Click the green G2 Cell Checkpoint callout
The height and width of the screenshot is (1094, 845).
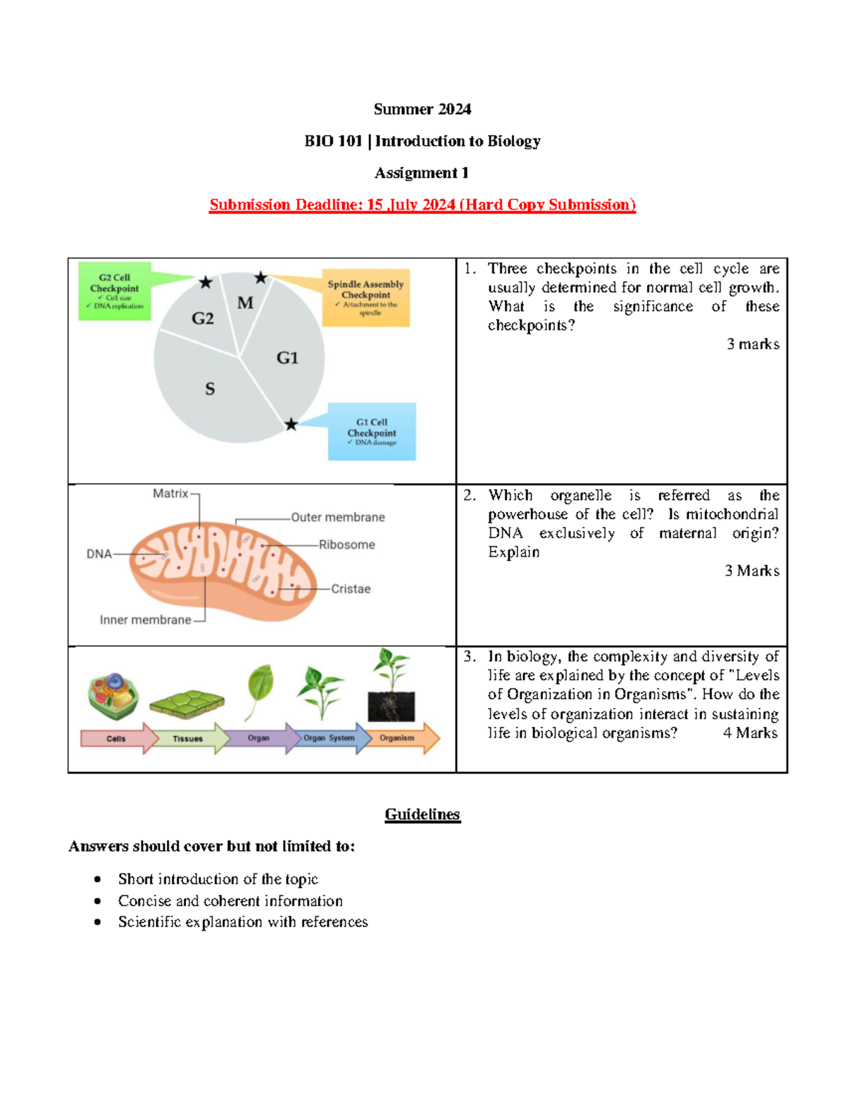[x=115, y=292]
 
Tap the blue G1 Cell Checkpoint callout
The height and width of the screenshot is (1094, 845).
[x=372, y=432]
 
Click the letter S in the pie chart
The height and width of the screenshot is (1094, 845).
[x=210, y=389]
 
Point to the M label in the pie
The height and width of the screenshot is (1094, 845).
[x=245, y=303]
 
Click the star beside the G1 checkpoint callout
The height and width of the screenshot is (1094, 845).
[x=291, y=424]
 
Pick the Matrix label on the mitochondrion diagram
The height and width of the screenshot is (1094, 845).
[x=170, y=494]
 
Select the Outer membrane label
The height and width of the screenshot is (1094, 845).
[x=338, y=517]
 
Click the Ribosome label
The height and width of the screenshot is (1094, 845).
[x=346, y=545]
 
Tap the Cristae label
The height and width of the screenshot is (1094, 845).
[x=351, y=589]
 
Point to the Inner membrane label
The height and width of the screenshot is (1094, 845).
[x=145, y=620]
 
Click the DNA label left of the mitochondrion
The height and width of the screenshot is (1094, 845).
[x=99, y=554]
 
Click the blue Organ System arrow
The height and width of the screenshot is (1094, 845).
[x=330, y=738]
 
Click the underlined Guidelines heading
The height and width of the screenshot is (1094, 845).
[x=423, y=814]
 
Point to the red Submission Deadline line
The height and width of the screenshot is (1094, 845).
[x=423, y=205]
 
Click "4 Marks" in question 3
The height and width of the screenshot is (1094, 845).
[x=750, y=733]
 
